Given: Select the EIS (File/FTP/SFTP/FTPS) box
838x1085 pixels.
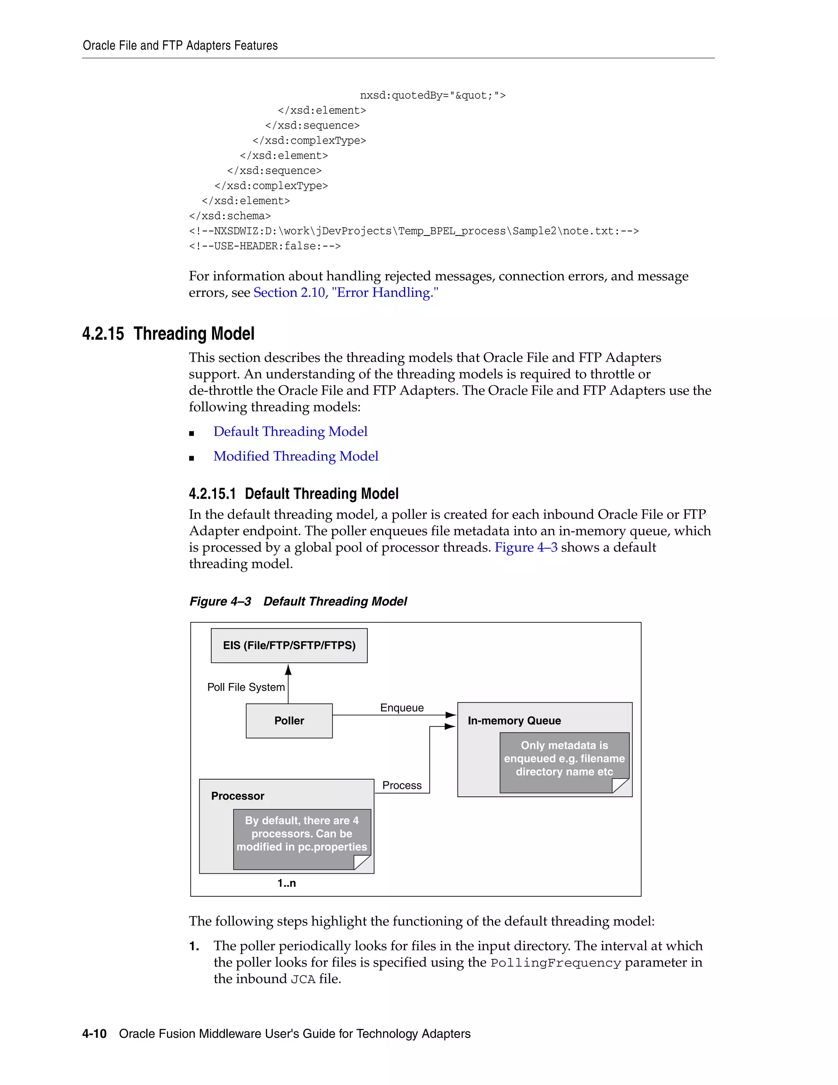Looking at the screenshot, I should [x=289, y=645].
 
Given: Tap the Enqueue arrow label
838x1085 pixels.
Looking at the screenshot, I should [x=402, y=708].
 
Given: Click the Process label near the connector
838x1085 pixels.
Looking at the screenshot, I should [x=402, y=785].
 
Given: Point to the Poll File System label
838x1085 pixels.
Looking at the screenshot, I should [x=246, y=687].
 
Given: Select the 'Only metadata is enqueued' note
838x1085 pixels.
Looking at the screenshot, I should [x=564, y=759].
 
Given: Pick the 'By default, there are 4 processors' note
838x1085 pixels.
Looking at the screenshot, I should [x=301, y=834].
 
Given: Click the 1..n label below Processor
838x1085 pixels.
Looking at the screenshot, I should [x=286, y=883].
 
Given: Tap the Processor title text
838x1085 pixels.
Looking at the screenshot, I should [x=237, y=796].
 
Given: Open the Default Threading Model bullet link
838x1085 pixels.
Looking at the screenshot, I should [x=291, y=431].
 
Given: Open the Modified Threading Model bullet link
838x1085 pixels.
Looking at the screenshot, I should [x=296, y=456].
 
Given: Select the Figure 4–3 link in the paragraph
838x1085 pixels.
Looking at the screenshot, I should [x=526, y=547].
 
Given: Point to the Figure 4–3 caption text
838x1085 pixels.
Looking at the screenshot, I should [x=298, y=601].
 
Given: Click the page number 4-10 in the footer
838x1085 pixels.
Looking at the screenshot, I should [x=95, y=1034].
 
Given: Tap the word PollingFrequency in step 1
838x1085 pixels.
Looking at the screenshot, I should [x=556, y=963].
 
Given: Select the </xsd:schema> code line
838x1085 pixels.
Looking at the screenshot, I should [x=230, y=216].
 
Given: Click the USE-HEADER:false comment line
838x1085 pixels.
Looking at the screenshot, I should [x=265, y=246].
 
